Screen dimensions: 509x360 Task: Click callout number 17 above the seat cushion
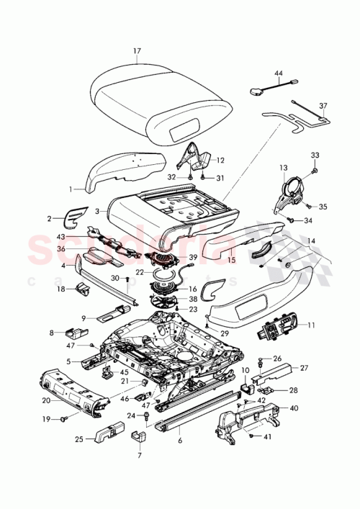point(137,50)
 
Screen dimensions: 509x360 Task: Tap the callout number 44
point(279,73)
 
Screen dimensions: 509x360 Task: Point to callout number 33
point(314,156)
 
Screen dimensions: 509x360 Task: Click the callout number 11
point(310,325)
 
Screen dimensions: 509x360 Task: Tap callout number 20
point(46,401)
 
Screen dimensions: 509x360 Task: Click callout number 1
point(71,190)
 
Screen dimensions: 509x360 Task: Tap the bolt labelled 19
point(63,418)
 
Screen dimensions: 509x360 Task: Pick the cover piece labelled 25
point(107,433)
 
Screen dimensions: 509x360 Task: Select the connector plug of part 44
point(258,91)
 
